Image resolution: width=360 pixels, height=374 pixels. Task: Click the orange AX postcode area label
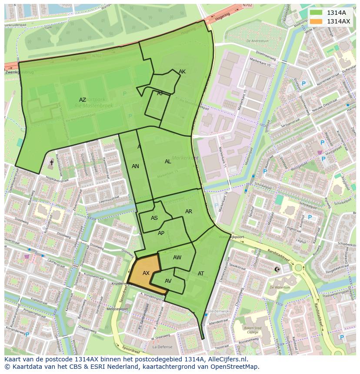point(146,273)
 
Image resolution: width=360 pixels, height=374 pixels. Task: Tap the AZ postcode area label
point(83,100)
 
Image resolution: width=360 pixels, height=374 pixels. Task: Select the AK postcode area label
point(182,72)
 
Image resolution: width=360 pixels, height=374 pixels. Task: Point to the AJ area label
point(160,93)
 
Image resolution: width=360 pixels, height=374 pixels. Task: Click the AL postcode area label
point(168,162)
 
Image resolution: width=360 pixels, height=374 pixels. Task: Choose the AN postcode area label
point(135,166)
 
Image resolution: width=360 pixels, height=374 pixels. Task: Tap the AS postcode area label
point(154,218)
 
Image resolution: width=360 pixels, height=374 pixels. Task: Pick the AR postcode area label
point(189,212)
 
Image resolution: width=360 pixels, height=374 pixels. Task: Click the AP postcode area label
point(161,233)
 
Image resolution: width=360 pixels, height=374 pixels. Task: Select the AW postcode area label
point(177,258)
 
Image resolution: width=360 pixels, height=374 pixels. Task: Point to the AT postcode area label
point(201,274)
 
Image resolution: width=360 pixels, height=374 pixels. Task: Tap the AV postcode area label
point(168,281)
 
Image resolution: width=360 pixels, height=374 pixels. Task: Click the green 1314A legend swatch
point(316,13)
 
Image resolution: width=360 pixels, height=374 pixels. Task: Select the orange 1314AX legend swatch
point(316,21)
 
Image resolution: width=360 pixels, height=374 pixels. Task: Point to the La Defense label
point(162,347)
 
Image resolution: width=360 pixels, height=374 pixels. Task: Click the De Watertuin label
point(280,287)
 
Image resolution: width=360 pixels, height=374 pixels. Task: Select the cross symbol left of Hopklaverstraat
point(51,162)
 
